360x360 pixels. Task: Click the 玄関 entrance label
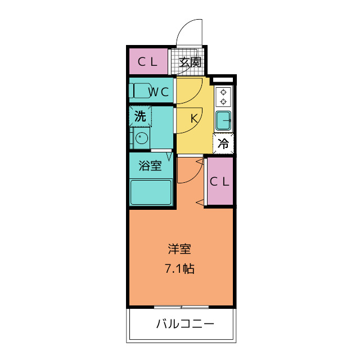(x=190, y=62)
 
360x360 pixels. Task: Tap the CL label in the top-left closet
(x=148, y=62)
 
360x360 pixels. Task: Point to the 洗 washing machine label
(x=140, y=116)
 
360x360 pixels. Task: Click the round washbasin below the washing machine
(x=141, y=138)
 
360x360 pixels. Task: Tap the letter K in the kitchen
(x=193, y=119)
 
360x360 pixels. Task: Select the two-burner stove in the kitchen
(x=223, y=97)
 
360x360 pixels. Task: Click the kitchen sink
(x=223, y=120)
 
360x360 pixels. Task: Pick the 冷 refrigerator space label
(x=223, y=143)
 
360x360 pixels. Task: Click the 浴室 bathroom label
(x=150, y=166)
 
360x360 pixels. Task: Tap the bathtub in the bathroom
(x=151, y=192)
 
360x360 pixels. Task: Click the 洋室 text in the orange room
(x=181, y=248)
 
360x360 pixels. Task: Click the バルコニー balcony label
(x=184, y=325)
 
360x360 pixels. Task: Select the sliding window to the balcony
(x=181, y=307)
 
